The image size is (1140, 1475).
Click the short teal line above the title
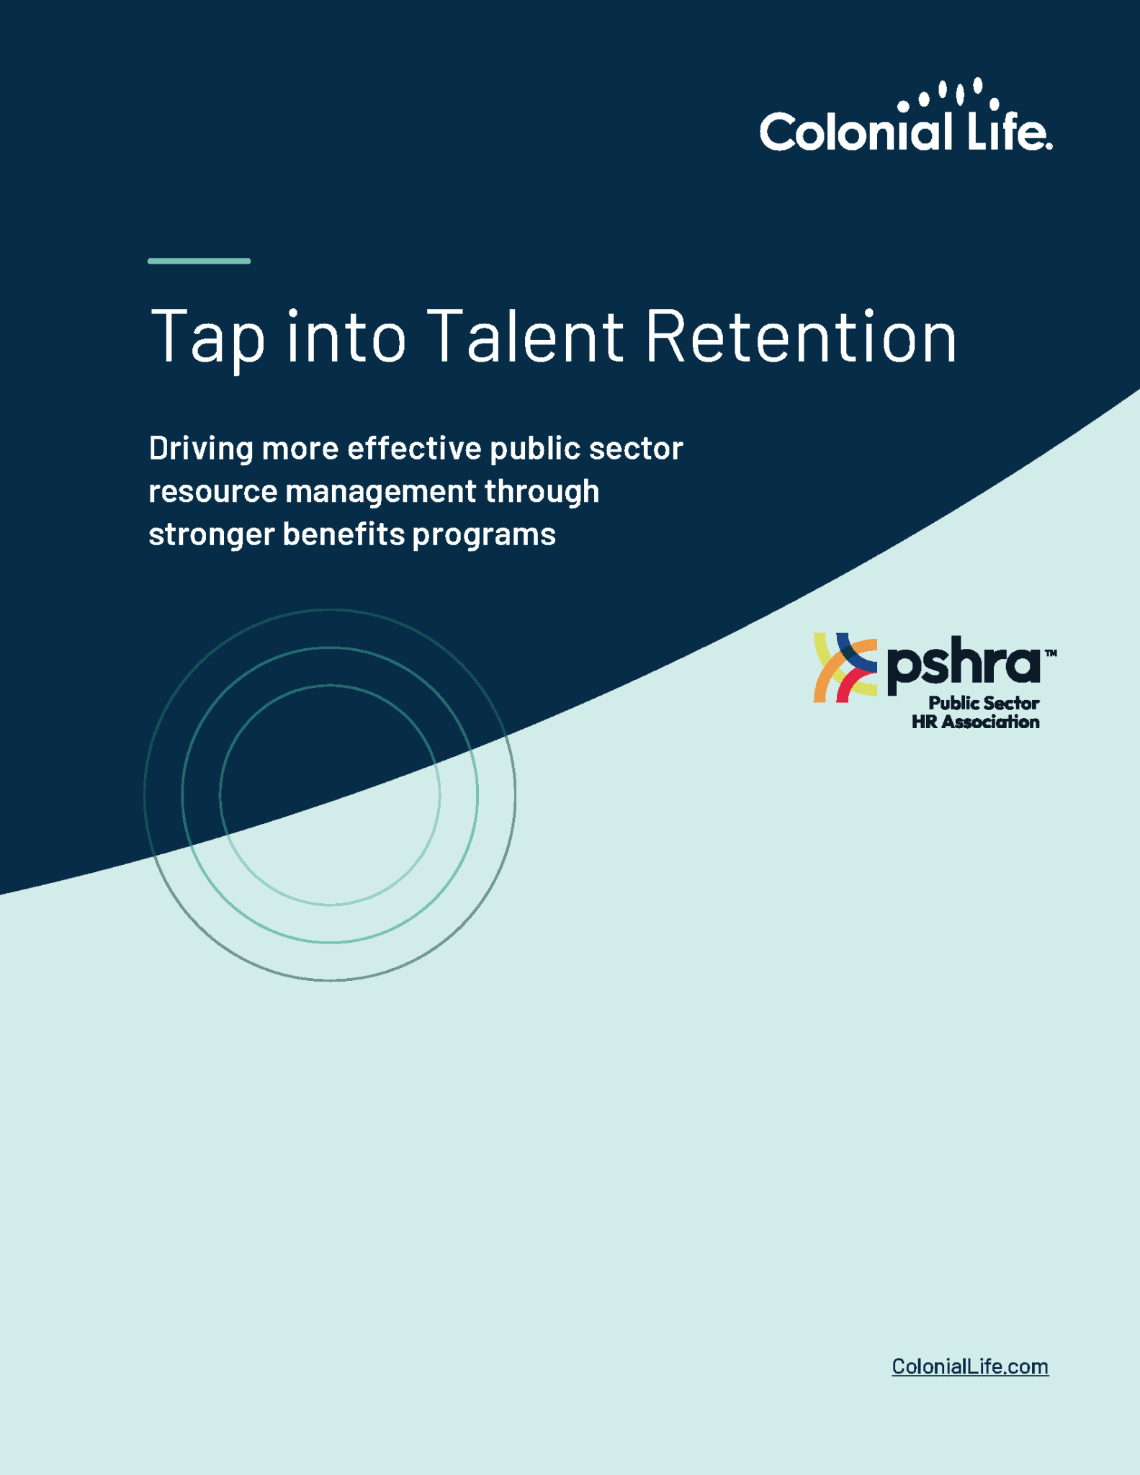tap(199, 261)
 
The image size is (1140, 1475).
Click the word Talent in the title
tap(526, 335)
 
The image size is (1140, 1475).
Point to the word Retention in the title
tap(801, 335)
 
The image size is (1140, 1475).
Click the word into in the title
tap(346, 335)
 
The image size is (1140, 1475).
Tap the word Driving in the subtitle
tap(201, 449)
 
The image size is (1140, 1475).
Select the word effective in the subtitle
tap(414, 448)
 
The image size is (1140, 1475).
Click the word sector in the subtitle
tap(636, 449)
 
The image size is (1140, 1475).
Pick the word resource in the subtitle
tap(212, 492)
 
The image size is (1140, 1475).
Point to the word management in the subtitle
tap(380, 492)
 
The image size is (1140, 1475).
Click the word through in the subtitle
tap(542, 492)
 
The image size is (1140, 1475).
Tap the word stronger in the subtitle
tap(211, 535)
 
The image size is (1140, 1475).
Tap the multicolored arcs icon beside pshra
tap(845, 668)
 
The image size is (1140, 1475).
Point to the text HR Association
tap(975, 722)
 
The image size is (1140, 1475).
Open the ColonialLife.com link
tap(969, 1366)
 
